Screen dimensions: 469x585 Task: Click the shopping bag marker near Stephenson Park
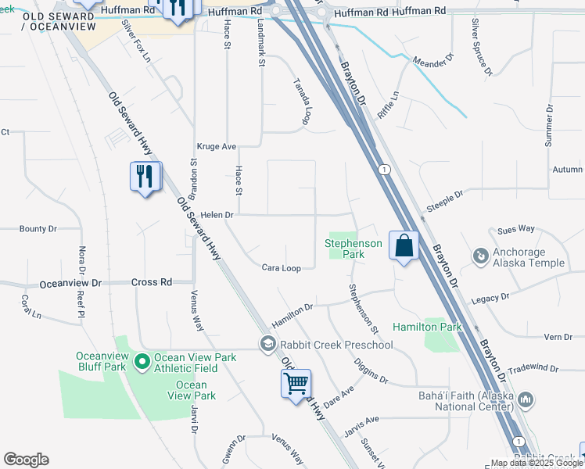pos(404,246)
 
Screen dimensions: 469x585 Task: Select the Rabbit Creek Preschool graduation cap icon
pos(268,345)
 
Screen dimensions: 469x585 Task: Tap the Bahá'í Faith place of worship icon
pos(526,400)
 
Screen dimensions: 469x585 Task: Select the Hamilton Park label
pos(427,326)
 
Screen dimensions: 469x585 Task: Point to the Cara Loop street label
pos(282,267)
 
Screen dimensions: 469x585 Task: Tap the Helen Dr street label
pos(217,214)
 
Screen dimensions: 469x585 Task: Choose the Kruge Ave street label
pos(217,146)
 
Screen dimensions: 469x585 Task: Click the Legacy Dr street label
pos(490,298)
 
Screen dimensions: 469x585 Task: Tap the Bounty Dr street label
pos(38,229)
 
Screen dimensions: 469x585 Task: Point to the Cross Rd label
pos(152,282)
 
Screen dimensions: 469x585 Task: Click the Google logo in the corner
pos(26,460)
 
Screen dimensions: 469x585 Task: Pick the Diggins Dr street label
pos(372,373)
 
